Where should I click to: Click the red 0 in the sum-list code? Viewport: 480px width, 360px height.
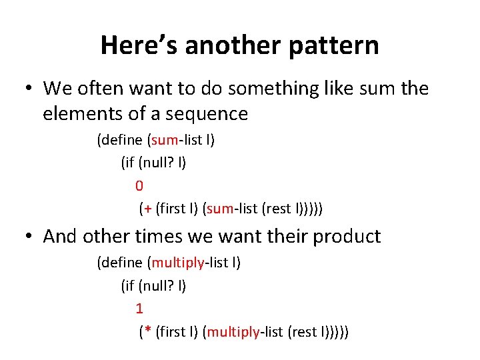point(139,185)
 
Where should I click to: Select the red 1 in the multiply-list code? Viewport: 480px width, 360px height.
point(139,309)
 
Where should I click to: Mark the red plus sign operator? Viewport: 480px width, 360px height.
point(147,209)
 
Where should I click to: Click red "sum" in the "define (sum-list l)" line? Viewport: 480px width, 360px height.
point(164,140)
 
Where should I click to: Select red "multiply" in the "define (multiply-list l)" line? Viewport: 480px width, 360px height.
point(178,263)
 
